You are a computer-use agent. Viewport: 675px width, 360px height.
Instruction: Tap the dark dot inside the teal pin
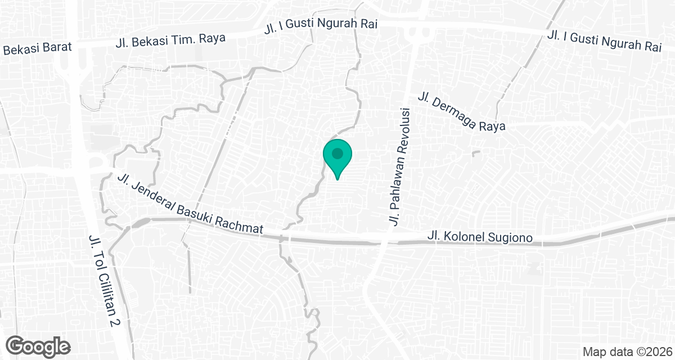pos(337,153)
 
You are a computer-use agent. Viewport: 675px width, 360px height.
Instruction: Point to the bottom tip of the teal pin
pos(337,179)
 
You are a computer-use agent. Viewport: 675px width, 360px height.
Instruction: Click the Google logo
pos(39,346)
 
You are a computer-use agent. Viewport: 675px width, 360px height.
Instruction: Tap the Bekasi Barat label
pos(37,48)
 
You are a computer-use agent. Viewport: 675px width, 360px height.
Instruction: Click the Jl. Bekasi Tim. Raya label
pos(170,40)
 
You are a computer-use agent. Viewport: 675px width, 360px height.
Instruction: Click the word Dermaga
pos(454,109)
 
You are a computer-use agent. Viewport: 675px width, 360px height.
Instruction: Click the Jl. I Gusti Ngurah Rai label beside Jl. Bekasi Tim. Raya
pos(320,25)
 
